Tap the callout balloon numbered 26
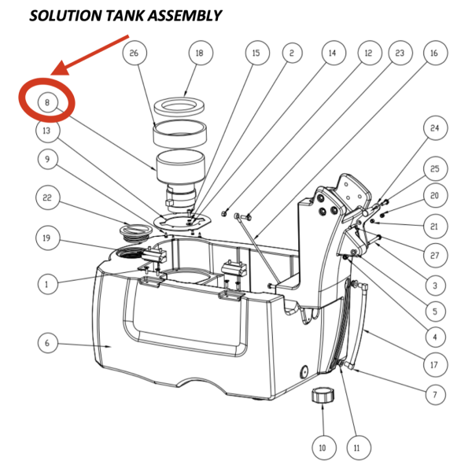pos(134,53)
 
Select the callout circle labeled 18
pos(199,53)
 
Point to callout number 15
pos(255,53)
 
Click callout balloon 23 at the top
pos(400,53)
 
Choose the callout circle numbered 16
pos(433,53)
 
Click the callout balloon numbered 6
pos(48,342)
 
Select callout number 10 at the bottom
pos(321,448)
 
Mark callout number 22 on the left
pos(48,199)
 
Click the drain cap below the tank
pos(321,396)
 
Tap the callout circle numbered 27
pos(433,254)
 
